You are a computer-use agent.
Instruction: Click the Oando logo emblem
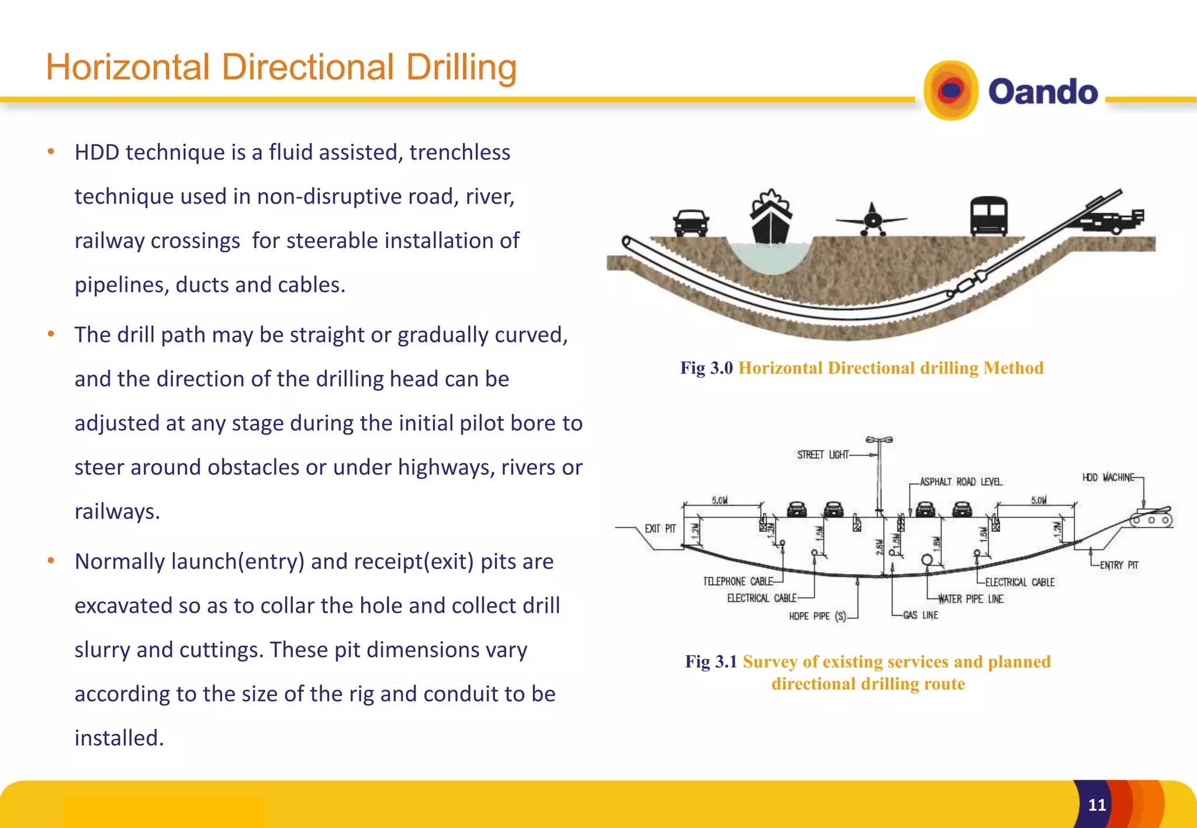click(951, 91)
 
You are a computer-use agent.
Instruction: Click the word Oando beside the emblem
click(1043, 92)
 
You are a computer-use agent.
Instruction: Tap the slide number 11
click(1097, 805)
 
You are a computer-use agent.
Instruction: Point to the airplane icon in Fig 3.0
click(871, 220)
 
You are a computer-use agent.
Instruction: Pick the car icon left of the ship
click(691, 222)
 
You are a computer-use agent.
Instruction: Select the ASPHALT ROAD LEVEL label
click(961, 482)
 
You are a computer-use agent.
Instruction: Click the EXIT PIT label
click(660, 529)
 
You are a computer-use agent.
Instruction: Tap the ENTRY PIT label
click(1119, 565)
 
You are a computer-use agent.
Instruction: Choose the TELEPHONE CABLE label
click(738, 582)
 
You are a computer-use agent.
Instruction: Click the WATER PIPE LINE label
click(970, 599)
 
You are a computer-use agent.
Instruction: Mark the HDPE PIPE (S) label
click(817, 617)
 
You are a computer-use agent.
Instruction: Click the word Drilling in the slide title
click(461, 68)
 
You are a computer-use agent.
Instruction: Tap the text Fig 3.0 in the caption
click(706, 368)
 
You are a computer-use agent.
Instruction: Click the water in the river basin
click(770, 257)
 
